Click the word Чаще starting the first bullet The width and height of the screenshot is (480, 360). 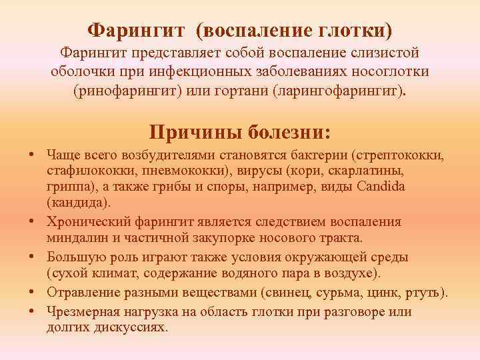point(63,155)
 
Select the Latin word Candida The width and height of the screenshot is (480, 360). point(401,185)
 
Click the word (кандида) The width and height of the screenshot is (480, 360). point(80,201)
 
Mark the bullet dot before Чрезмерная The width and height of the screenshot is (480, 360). point(31,311)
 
